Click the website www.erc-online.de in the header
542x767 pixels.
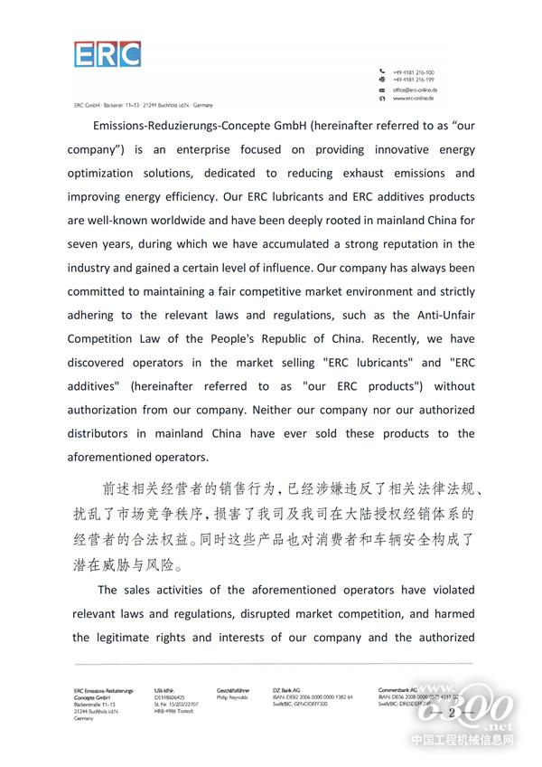point(416,99)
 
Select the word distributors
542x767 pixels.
point(112,433)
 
